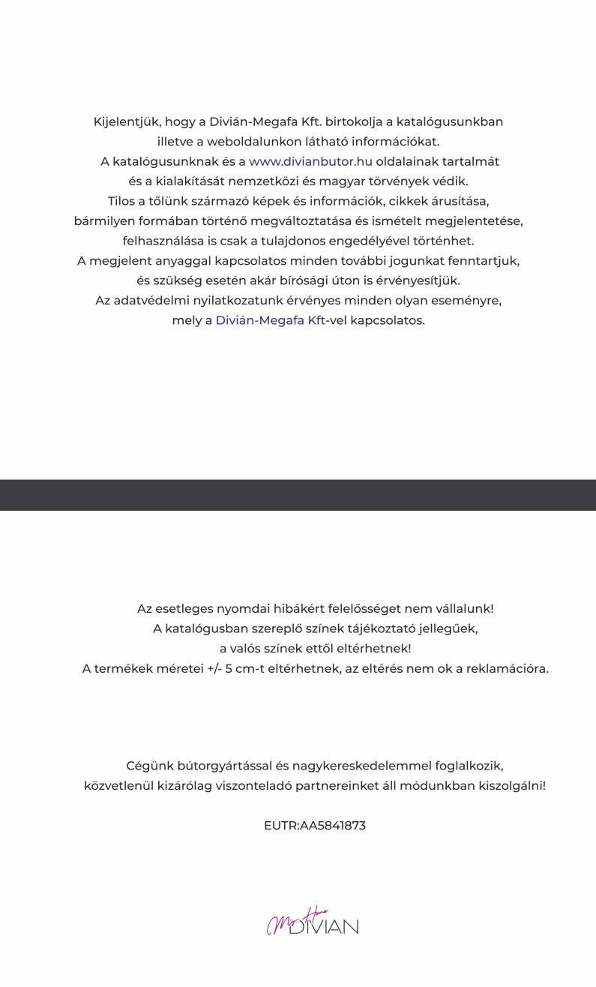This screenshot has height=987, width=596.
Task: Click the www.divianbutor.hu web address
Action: [x=310, y=161]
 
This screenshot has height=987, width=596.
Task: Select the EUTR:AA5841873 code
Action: [x=315, y=826]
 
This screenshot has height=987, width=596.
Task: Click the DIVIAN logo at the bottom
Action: [x=313, y=925]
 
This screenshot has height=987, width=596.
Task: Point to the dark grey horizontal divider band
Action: [x=298, y=495]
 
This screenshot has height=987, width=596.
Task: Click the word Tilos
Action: [x=122, y=201]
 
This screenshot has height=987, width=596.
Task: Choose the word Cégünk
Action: [x=149, y=766]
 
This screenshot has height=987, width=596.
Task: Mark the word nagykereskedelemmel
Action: [x=370, y=766]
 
